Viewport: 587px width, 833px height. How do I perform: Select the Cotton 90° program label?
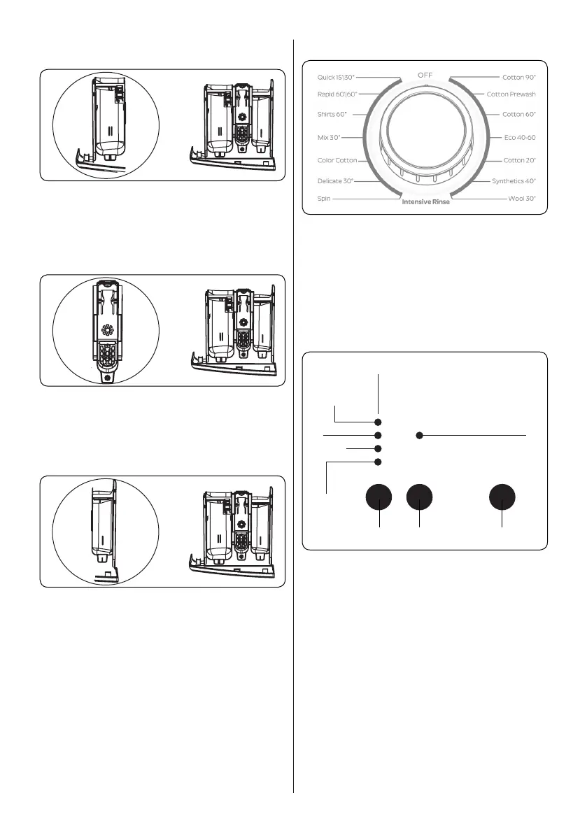519,77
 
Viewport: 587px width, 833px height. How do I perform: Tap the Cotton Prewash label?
511,94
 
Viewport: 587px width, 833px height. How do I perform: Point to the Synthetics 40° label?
514,181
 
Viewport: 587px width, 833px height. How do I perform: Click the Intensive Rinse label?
425,203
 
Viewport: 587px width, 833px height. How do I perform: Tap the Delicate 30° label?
335,181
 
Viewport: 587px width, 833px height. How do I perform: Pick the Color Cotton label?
337,160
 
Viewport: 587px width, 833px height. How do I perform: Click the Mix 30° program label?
329,138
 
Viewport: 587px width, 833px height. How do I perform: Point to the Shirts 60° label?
332,113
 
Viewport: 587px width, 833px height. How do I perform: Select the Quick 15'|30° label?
334,77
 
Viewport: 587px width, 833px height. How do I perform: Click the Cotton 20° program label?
519,160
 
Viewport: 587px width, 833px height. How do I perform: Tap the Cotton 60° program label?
519,113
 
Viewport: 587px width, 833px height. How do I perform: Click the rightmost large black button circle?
502,497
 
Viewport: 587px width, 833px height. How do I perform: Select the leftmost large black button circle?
379,497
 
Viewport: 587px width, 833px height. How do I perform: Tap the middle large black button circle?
419,497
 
